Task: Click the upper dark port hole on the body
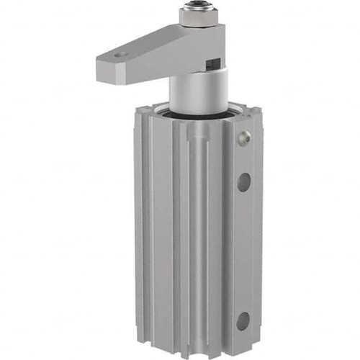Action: (244, 181)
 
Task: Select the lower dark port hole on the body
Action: (244, 320)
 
